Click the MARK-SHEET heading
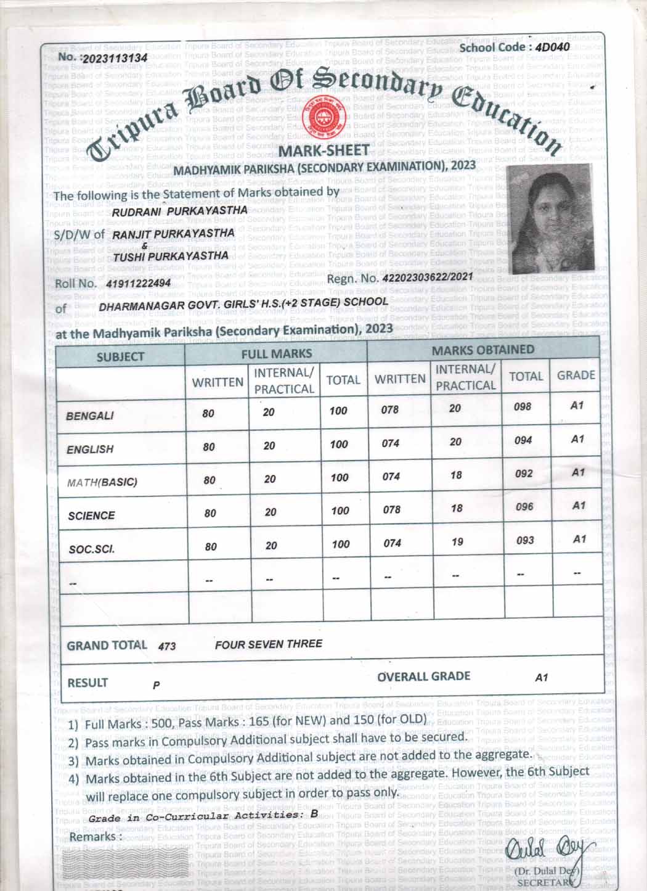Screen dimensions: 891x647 click(323, 150)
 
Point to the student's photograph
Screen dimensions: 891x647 click(548, 220)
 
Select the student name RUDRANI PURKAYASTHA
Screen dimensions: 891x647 click(181, 210)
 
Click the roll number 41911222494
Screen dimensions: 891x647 click(138, 284)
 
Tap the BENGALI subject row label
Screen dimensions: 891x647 click(90, 416)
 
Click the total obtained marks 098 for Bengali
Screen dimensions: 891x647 click(522, 407)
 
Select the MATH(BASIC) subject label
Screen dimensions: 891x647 click(102, 482)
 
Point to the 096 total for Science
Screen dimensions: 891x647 click(524, 507)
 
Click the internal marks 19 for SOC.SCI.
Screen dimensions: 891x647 click(457, 542)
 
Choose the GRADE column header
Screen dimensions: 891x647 click(576, 376)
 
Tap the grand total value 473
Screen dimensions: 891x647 click(167, 646)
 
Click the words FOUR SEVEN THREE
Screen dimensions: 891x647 click(269, 644)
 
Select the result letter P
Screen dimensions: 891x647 click(157, 685)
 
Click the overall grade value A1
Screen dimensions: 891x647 click(541, 678)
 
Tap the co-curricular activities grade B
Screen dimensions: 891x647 click(314, 814)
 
